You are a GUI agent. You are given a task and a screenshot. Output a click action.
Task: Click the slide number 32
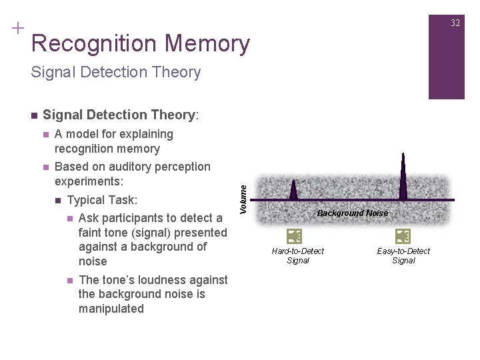click(455, 23)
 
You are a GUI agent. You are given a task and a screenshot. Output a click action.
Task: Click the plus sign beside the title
click(17, 29)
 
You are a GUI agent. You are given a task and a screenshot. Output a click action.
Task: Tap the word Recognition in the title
click(94, 44)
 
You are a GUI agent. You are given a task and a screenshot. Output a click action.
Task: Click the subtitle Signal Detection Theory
click(115, 72)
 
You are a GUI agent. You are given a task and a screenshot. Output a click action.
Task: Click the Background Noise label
click(352, 213)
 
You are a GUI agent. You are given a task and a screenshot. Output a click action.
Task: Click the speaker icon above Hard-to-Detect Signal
click(294, 236)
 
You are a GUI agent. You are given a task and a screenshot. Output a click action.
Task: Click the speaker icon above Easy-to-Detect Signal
click(403, 236)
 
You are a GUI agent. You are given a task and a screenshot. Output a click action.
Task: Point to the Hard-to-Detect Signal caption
click(297, 255)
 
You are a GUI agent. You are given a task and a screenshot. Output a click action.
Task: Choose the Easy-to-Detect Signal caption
click(403, 255)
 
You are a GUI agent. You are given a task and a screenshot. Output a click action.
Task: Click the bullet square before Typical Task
click(58, 201)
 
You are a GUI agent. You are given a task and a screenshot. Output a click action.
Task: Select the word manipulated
click(111, 309)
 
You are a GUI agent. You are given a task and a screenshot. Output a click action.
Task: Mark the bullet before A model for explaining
click(45, 135)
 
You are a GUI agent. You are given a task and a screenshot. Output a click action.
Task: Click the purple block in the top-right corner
click(446, 57)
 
